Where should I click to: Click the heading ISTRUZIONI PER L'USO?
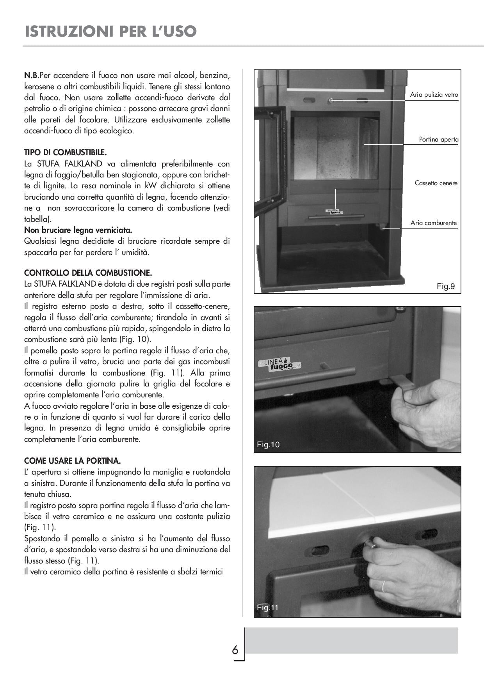tap(110, 31)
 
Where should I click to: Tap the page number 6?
tap(235, 650)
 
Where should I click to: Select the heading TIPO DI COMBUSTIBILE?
tap(65, 152)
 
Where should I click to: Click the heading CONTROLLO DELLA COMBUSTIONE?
tap(88, 272)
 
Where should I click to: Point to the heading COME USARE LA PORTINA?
tap(72, 461)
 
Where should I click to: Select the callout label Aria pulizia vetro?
tap(434, 95)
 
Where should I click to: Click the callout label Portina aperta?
tap(438, 140)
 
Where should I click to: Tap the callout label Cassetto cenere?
tap(436, 183)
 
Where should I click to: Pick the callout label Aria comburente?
tap(433, 223)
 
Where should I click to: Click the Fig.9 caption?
tap(445, 287)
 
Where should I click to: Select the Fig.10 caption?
tap(268, 445)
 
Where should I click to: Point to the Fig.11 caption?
tap(268, 607)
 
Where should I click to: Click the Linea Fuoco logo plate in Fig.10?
tap(279, 365)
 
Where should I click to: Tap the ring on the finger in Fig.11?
tap(384, 586)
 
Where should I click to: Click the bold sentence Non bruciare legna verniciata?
tap(78, 230)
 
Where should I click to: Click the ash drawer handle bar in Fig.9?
tap(336, 216)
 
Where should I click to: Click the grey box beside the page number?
tap(351, 640)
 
